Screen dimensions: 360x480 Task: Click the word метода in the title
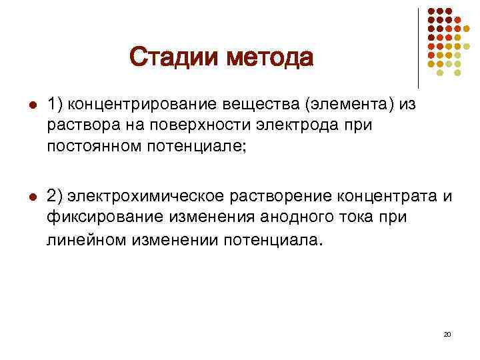269,57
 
